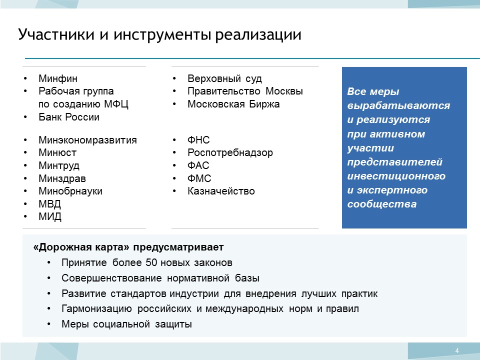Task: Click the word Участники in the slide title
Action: click(x=56, y=34)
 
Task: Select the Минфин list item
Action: click(x=58, y=78)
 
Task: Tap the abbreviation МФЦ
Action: click(x=116, y=104)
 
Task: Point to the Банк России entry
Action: click(x=69, y=117)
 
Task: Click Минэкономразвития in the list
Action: click(x=87, y=140)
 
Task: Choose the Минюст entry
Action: click(x=57, y=152)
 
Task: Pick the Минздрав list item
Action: click(x=62, y=178)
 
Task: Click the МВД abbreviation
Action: click(x=49, y=204)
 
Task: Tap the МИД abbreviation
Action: click(x=50, y=216)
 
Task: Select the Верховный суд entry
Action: click(x=224, y=78)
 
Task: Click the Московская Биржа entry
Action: click(x=233, y=104)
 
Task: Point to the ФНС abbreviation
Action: click(x=198, y=140)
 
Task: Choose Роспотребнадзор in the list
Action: click(x=230, y=152)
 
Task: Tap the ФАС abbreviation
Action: click(x=198, y=165)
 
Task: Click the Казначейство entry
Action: click(x=221, y=191)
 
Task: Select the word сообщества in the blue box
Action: click(x=381, y=204)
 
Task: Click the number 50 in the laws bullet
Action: click(x=151, y=262)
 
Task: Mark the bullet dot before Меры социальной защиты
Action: click(x=49, y=323)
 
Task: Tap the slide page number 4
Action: click(x=457, y=351)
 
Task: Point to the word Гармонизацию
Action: click(x=96, y=308)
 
